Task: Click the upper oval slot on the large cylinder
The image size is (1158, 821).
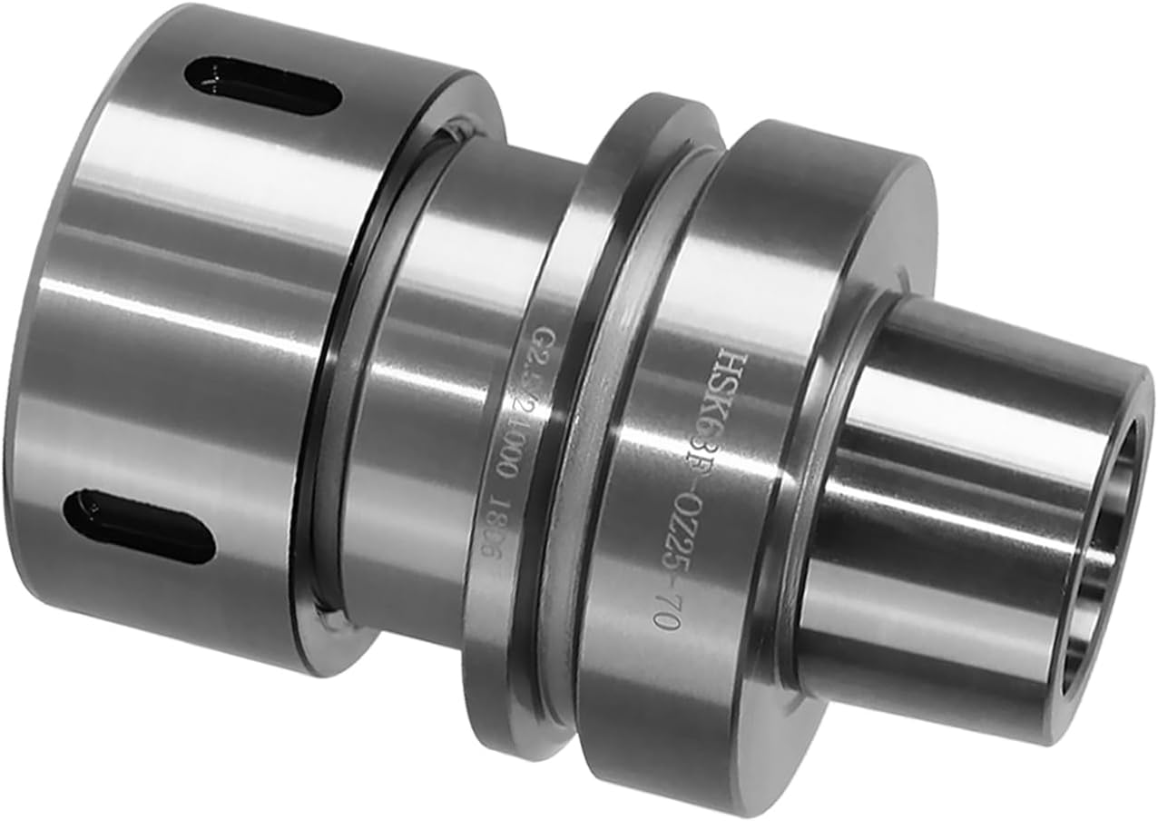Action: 262,86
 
